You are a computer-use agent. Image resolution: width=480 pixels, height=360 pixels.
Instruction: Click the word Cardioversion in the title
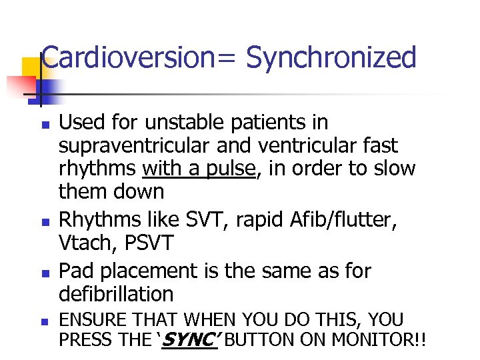[125, 57]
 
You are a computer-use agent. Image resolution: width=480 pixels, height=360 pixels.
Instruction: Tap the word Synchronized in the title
[331, 57]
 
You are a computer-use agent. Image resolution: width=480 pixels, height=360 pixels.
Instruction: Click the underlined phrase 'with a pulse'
[199, 169]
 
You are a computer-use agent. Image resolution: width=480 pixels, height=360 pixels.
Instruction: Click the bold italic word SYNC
[189, 341]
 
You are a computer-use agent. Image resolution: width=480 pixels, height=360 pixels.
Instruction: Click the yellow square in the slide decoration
[31, 69]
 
